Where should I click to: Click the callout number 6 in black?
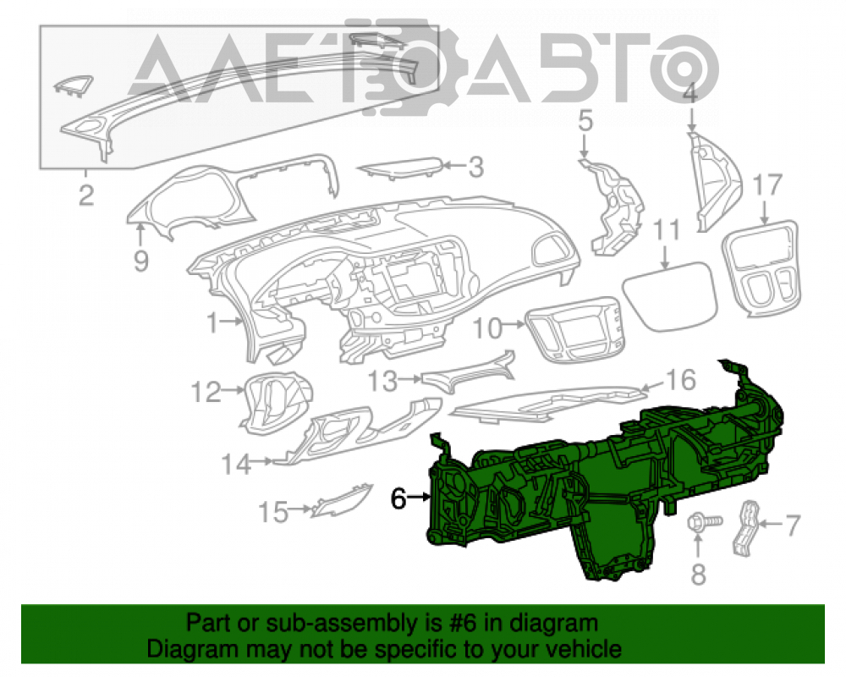(398, 498)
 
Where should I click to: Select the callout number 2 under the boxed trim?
(86, 195)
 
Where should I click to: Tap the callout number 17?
(767, 185)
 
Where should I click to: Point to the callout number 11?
(667, 231)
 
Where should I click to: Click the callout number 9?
(140, 261)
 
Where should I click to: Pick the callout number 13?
(383, 381)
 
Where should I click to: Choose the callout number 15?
(273, 512)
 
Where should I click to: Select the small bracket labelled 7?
(747, 528)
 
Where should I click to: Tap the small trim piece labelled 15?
(342, 501)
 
